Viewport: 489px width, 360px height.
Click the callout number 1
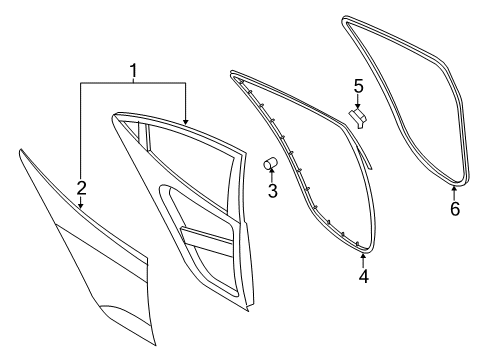tap(133, 71)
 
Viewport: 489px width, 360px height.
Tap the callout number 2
tap(82, 188)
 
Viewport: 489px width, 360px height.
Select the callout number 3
tap(273, 191)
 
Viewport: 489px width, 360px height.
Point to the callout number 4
tap(364, 276)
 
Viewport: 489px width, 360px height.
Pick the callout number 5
tap(358, 86)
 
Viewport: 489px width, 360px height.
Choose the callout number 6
tap(455, 209)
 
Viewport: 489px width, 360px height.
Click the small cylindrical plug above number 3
tap(271, 163)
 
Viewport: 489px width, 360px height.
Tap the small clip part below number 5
tap(357, 118)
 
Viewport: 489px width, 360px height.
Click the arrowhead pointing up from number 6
tap(454, 189)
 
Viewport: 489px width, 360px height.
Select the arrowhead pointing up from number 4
tap(363, 256)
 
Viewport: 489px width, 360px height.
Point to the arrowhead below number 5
tap(358, 106)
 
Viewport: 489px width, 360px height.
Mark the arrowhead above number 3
tap(272, 171)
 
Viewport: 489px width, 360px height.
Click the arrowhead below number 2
tap(80, 206)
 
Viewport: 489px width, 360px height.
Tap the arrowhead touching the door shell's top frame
tap(185, 122)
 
